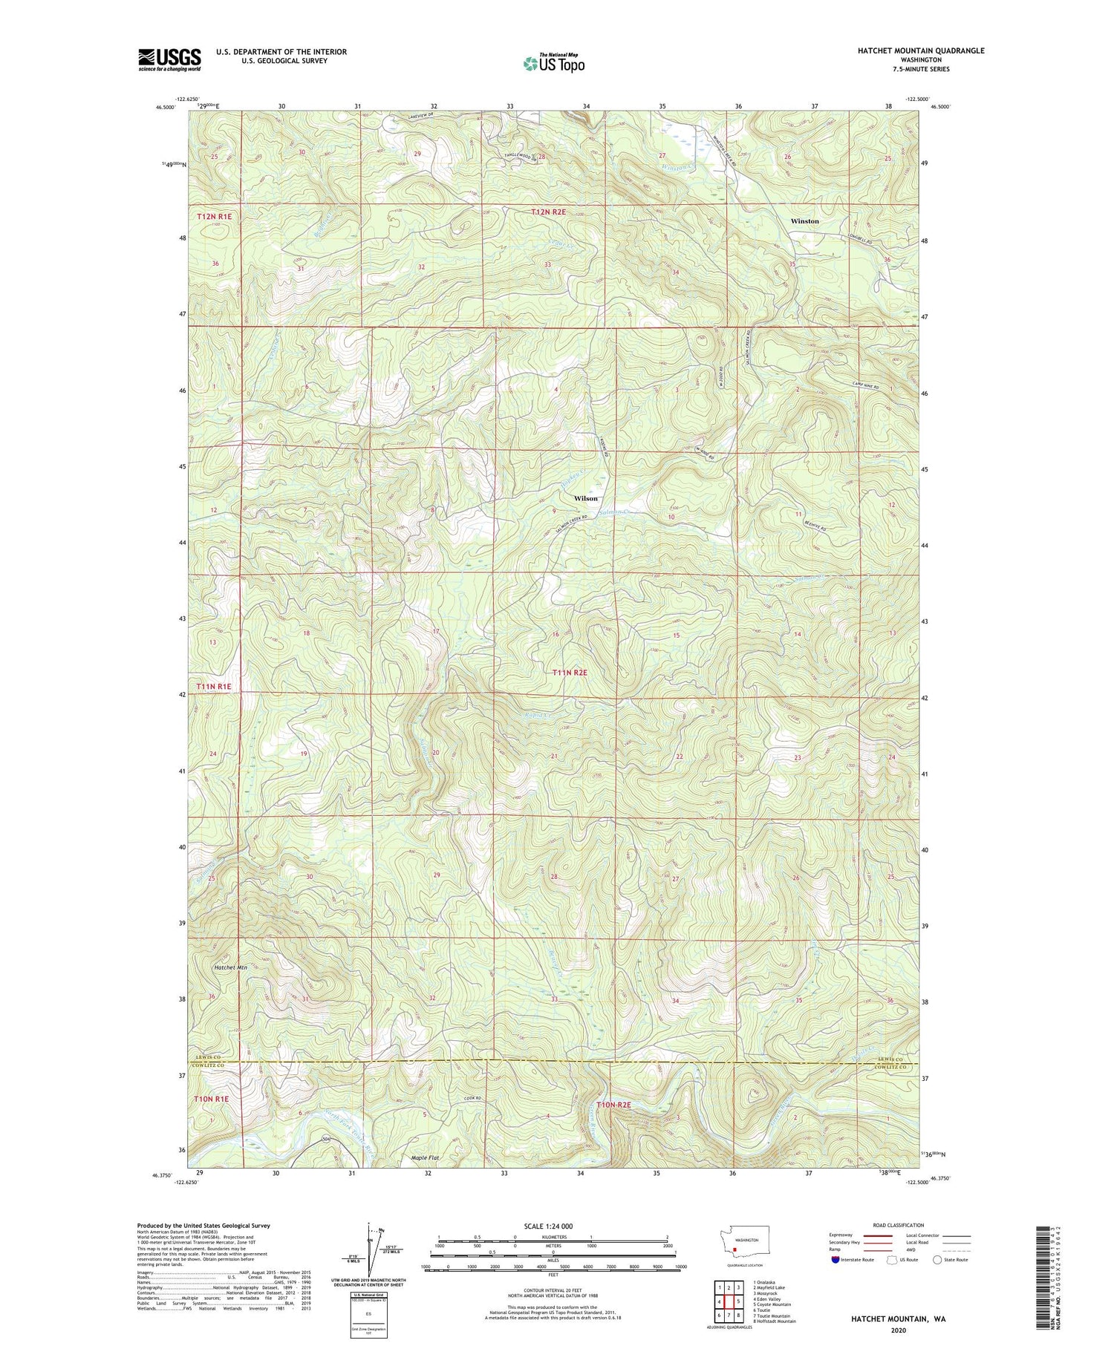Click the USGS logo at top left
pos(169,59)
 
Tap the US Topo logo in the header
pos(553,64)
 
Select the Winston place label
pos(804,221)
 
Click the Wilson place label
pos(585,498)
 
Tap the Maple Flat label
pos(426,1158)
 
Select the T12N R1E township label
pos(215,216)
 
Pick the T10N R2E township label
pos(613,1105)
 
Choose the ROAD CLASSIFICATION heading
pos(899,1226)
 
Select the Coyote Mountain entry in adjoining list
pos(773,1304)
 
